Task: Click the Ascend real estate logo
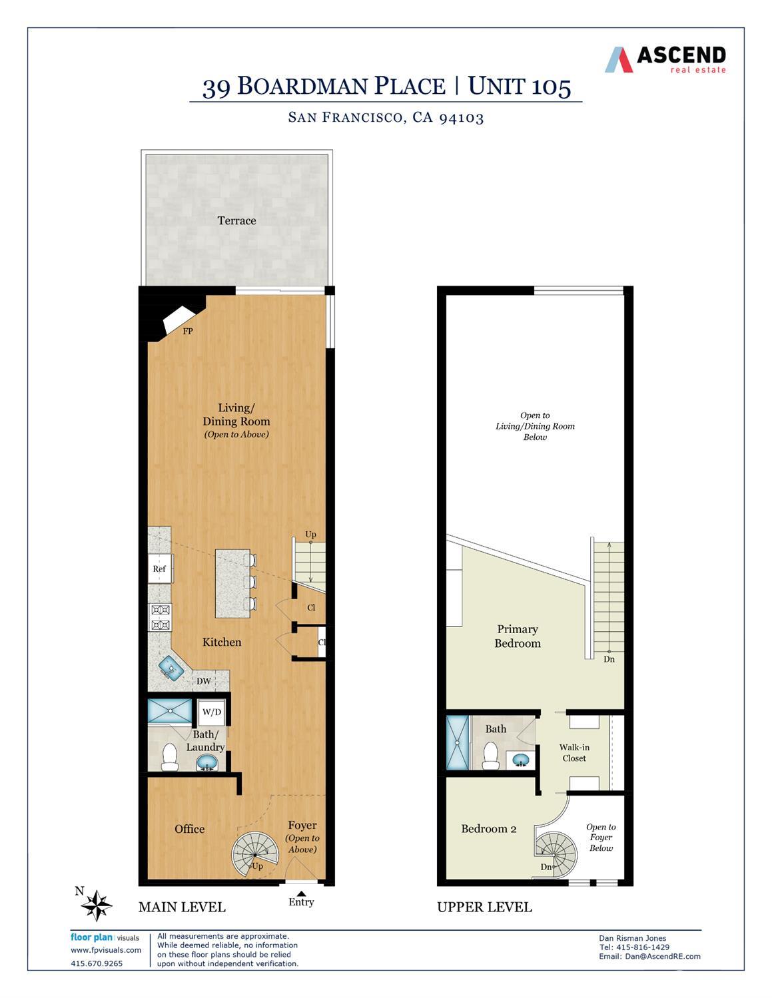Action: pyautogui.click(x=665, y=59)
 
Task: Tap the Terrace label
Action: pyautogui.click(x=236, y=220)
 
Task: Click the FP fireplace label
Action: pyautogui.click(x=188, y=331)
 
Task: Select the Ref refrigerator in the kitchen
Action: pyautogui.click(x=160, y=569)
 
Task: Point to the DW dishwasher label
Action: pyautogui.click(x=204, y=681)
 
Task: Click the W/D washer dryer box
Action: pyautogui.click(x=212, y=712)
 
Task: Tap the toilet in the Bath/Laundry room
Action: pyautogui.click(x=169, y=757)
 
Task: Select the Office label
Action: pyautogui.click(x=189, y=829)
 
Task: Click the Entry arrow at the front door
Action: pyautogui.click(x=301, y=894)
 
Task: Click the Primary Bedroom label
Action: pyautogui.click(x=518, y=636)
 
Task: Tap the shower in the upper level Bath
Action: pyautogui.click(x=458, y=742)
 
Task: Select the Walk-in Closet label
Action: pyautogui.click(x=574, y=753)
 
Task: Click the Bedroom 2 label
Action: pyautogui.click(x=489, y=829)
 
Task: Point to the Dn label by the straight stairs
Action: pyautogui.click(x=609, y=659)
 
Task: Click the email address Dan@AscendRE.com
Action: pyautogui.click(x=649, y=956)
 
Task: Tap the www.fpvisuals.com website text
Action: pyautogui.click(x=106, y=950)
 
